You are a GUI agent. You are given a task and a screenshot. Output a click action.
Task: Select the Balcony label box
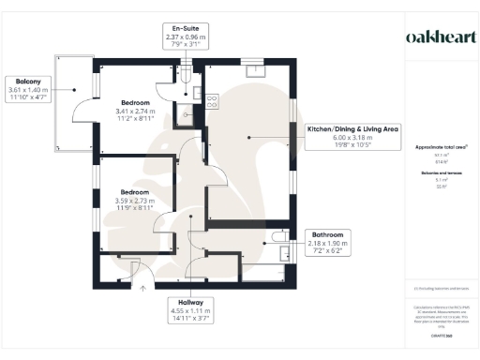click(28, 88)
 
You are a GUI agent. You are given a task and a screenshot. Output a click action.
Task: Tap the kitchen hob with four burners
click(211, 100)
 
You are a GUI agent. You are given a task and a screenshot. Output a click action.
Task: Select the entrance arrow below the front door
click(142, 289)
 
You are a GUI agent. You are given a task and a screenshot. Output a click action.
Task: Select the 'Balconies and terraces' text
click(442, 173)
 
